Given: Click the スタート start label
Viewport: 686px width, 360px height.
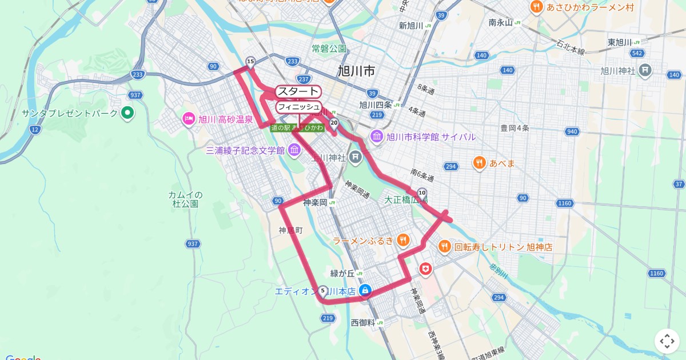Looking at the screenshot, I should click(298, 91).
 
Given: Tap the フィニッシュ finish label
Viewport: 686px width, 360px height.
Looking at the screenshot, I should click(298, 107).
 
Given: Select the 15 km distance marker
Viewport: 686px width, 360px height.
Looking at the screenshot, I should click(250, 61).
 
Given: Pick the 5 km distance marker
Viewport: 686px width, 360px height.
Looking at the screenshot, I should click(323, 290).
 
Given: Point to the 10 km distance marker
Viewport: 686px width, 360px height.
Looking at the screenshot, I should click(422, 193).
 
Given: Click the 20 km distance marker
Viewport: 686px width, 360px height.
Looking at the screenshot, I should click(334, 122).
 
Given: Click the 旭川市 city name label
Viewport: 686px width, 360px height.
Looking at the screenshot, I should click(356, 71).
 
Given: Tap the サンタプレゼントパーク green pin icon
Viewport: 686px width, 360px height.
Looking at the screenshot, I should click(127, 113).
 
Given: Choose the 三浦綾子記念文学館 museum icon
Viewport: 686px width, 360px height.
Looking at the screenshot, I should click(294, 151).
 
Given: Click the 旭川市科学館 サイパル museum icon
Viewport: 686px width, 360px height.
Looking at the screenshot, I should click(377, 137).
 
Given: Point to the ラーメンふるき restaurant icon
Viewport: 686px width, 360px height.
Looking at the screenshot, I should click(403, 241).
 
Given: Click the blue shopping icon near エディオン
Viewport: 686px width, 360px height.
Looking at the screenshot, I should click(365, 291).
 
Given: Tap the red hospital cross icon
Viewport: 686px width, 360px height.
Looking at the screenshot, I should click(426, 268).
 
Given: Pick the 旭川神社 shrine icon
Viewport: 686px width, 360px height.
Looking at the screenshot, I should click(645, 71).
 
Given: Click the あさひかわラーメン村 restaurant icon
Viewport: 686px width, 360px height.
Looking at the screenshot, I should click(536, 7).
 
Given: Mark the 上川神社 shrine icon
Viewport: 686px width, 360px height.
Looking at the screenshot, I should click(356, 156).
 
